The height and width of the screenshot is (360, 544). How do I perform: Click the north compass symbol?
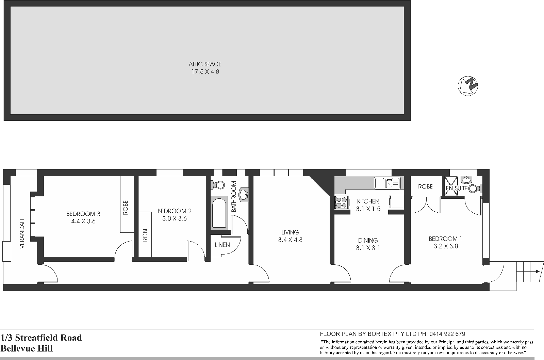[x=468, y=85]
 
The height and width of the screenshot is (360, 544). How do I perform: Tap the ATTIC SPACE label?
[x=205, y=64]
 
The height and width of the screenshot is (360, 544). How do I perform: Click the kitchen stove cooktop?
[x=341, y=202]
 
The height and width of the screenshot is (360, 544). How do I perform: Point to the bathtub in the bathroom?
[x=219, y=214]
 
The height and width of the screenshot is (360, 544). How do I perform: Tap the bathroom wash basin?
[x=244, y=195]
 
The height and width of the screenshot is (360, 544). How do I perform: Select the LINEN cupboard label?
[x=222, y=245]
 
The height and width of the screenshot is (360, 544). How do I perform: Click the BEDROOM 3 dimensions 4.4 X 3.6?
[x=83, y=221]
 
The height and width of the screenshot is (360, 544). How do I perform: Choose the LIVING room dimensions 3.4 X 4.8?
[x=290, y=240]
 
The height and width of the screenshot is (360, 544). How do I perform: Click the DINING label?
[x=368, y=240]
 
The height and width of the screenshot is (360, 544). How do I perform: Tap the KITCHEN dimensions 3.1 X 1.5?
[x=368, y=209]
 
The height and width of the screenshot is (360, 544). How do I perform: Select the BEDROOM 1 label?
[x=445, y=239]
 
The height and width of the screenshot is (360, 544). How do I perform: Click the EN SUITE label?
[x=457, y=188]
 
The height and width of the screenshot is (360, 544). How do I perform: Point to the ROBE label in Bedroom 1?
[x=425, y=186]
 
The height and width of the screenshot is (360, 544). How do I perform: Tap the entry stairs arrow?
[x=537, y=272]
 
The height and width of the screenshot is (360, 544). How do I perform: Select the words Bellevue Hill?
[x=27, y=348]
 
